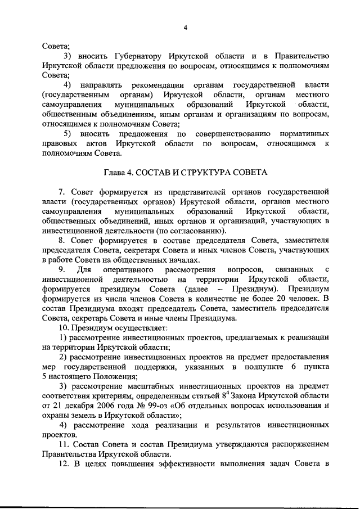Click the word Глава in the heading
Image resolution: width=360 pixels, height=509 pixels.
[x=116, y=172]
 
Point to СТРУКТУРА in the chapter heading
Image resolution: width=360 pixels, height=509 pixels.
[x=211, y=172]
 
